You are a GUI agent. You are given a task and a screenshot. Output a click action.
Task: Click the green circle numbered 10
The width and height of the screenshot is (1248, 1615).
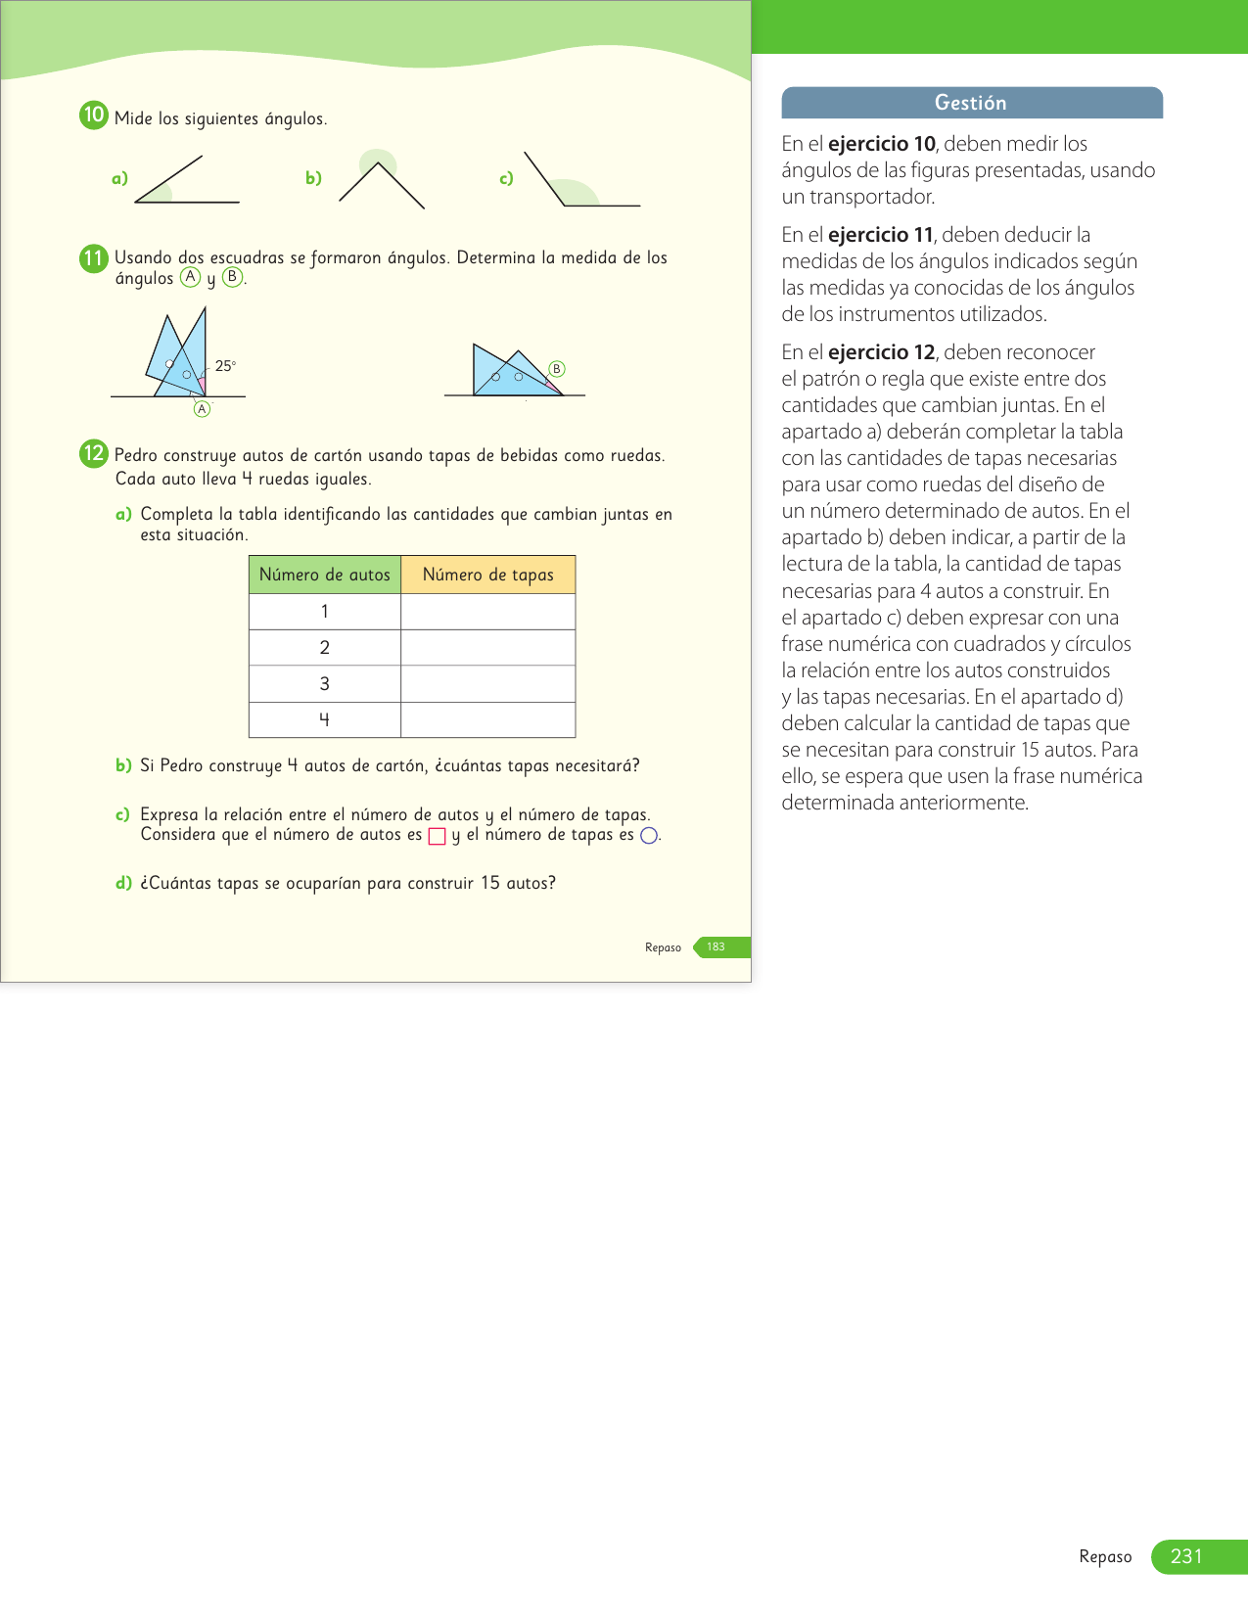pyautogui.click(x=93, y=115)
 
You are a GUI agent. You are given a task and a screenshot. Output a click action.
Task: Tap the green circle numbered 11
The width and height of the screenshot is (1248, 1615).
pyautogui.click(x=93, y=258)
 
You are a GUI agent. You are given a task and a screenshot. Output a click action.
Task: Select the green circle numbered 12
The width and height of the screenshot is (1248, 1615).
pyautogui.click(x=93, y=453)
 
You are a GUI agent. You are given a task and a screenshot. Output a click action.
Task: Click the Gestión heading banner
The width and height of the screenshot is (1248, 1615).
pyautogui.click(x=971, y=103)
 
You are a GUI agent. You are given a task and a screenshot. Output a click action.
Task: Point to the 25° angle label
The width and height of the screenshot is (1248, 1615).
pyautogui.click(x=225, y=366)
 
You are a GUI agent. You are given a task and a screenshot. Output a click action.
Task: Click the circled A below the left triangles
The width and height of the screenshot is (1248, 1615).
pyautogui.click(x=202, y=409)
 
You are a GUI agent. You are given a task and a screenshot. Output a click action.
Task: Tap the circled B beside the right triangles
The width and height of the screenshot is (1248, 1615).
pyautogui.click(x=557, y=369)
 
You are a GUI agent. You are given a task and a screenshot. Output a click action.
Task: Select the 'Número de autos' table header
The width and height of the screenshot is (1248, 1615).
pyautogui.click(x=325, y=575)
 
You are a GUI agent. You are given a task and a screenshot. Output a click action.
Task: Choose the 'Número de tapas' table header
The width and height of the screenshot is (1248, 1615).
pyautogui.click(x=487, y=575)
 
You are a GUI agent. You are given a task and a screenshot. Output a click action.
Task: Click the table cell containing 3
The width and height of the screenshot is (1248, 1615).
pyautogui.click(x=325, y=684)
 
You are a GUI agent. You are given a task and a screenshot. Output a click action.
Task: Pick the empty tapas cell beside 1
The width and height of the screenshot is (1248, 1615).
pyautogui.click(x=487, y=612)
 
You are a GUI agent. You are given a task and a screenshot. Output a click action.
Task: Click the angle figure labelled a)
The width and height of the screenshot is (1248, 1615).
pyautogui.click(x=186, y=181)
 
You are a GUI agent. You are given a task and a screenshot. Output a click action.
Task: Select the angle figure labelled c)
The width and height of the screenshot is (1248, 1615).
pyautogui.click(x=579, y=182)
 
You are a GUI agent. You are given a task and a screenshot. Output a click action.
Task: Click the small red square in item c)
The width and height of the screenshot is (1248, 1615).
pyautogui.click(x=438, y=836)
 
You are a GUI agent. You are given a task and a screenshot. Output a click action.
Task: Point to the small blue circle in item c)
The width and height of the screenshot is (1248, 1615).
pyautogui.click(x=648, y=836)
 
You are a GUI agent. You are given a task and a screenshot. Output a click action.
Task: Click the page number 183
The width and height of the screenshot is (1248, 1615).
pyautogui.click(x=716, y=947)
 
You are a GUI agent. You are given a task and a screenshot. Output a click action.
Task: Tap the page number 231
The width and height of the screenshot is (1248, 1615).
pyautogui.click(x=1186, y=1556)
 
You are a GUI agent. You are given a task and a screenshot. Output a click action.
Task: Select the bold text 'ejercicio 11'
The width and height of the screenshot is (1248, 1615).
pyautogui.click(x=880, y=235)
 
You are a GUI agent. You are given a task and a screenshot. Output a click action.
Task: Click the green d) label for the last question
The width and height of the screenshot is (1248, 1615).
pyautogui.click(x=123, y=883)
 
